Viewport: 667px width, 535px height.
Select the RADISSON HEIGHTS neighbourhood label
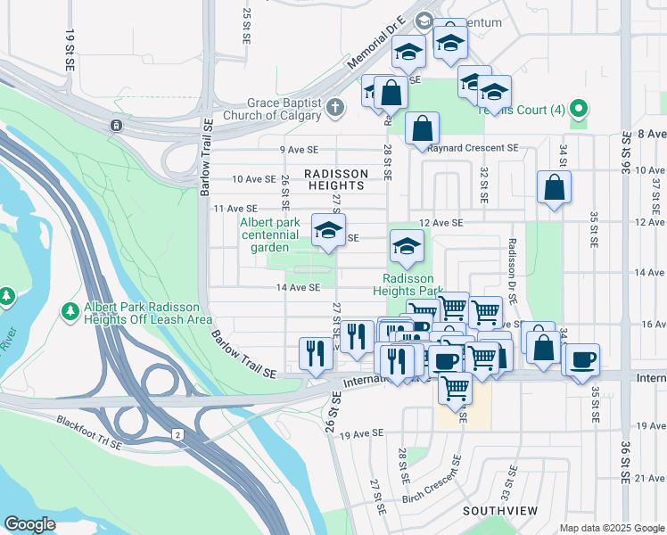[x=334, y=179]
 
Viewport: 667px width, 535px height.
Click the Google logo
[x=30, y=524]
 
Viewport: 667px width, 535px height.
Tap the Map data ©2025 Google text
[x=612, y=528]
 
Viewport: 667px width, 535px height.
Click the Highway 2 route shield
[x=177, y=433]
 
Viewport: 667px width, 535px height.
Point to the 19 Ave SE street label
[x=361, y=433]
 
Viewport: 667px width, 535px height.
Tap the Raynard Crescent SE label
[x=473, y=148]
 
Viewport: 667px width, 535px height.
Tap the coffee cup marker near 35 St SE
[x=582, y=359]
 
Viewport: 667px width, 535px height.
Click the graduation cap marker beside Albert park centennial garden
[x=328, y=231]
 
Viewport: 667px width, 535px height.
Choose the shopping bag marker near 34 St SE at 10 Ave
[x=554, y=187]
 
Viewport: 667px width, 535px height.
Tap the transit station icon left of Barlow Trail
[x=116, y=125]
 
